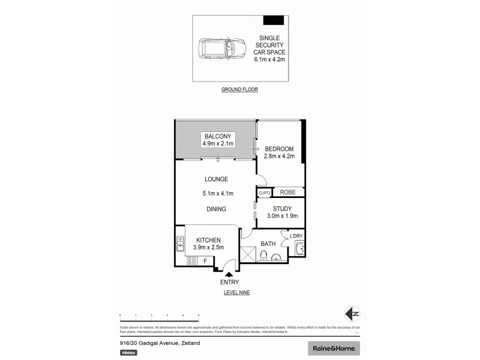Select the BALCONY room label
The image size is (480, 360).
[x=217, y=136]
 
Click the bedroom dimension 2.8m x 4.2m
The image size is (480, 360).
[x=280, y=157]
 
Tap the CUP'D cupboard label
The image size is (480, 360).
[x=263, y=193]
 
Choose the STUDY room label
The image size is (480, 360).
[x=281, y=208]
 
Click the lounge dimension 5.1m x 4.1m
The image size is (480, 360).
[x=217, y=193]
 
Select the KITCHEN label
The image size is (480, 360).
[x=207, y=240]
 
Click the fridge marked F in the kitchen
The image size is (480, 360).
[x=206, y=261]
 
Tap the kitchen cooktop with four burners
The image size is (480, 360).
[x=192, y=261]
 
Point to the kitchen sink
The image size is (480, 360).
[x=179, y=244]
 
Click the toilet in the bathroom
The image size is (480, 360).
[x=264, y=257]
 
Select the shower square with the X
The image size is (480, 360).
[x=247, y=255]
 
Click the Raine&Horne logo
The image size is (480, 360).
[x=334, y=347]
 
